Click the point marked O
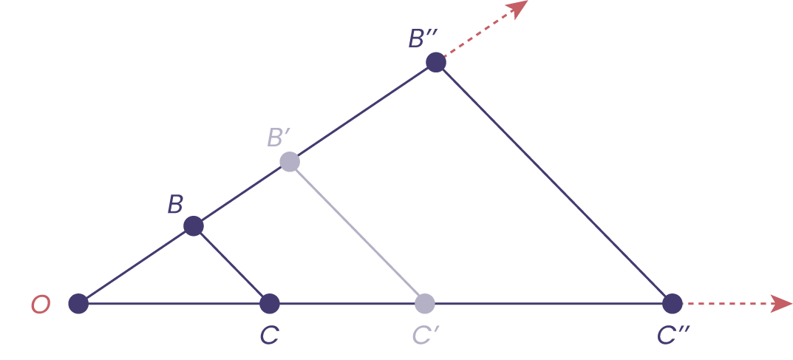[78, 303]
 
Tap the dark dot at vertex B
[194, 226]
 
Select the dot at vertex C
[270, 303]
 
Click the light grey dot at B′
[290, 162]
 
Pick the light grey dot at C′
[424, 303]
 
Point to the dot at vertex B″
[436, 63]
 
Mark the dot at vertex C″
[672, 303]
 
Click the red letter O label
[40, 305]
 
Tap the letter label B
[174, 205]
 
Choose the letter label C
[268, 336]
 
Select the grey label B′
[279, 137]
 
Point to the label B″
[425, 38]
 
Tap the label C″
[673, 336]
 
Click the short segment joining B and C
[232, 265]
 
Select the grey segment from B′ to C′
[357, 232]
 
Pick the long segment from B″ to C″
[554, 183]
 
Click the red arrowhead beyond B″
[520, 8]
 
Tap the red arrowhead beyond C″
[782, 303]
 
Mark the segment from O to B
[136, 265]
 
